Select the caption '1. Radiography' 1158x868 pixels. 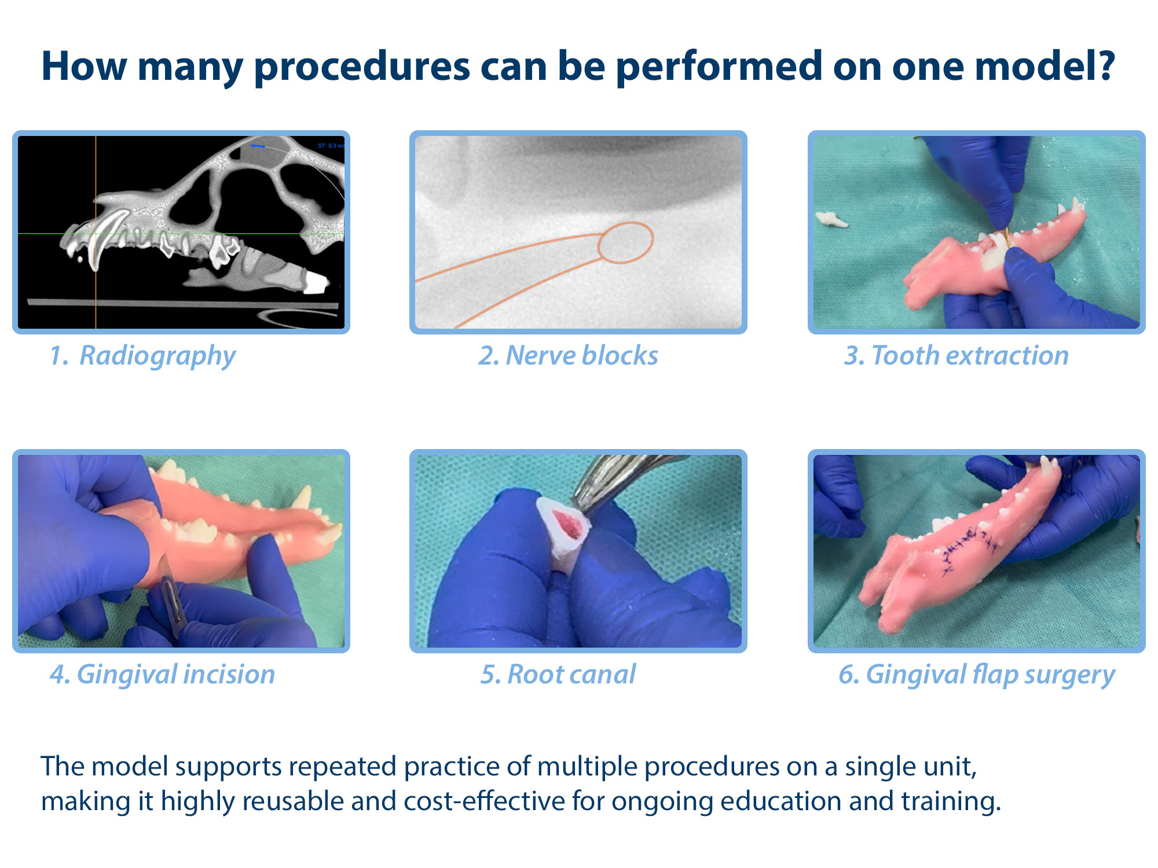click(142, 356)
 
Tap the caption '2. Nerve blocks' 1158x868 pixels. click(568, 355)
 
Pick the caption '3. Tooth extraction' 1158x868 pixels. click(957, 355)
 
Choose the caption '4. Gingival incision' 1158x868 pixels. click(163, 675)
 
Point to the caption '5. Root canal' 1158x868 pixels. click(558, 674)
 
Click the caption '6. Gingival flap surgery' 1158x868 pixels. click(977, 675)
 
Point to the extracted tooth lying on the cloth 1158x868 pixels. click(831, 219)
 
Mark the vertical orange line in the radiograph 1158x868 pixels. click(96, 232)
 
